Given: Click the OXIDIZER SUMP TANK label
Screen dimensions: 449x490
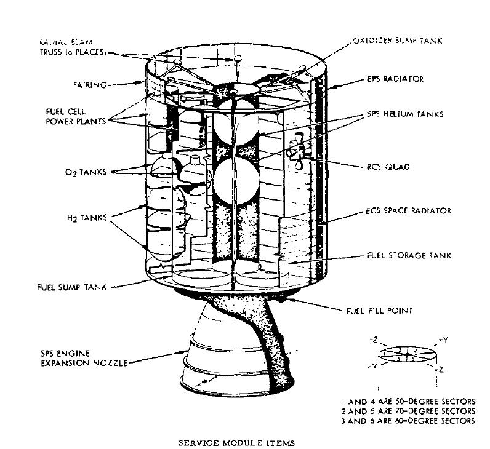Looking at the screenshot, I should pyautogui.click(x=406, y=41).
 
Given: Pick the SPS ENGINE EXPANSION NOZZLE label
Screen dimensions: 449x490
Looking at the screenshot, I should pyautogui.click(x=82, y=359).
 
